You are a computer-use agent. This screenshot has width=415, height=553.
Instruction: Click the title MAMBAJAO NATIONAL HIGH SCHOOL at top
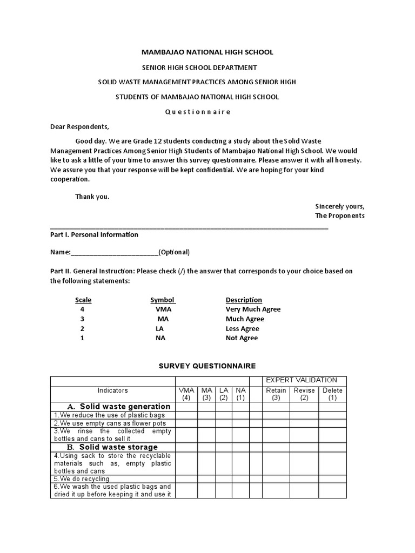point(207,52)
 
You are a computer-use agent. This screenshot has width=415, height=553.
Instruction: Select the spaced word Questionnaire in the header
point(197,112)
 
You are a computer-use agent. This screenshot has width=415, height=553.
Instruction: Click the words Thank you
point(92,197)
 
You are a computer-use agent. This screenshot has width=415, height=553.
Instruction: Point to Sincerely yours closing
point(339,206)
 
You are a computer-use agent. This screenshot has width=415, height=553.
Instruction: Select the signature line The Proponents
point(339,215)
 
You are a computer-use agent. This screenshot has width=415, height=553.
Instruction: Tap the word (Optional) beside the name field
point(174,252)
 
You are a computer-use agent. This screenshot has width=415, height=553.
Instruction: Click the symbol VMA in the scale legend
point(163,309)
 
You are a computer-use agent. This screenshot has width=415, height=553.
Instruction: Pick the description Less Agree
point(242,328)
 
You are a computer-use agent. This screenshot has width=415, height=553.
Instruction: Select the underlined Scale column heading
point(83,300)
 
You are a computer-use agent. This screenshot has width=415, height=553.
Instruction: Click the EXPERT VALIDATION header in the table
point(302,380)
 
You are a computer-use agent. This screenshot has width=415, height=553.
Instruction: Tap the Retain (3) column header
point(276,394)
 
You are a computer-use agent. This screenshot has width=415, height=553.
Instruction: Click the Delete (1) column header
point(332,394)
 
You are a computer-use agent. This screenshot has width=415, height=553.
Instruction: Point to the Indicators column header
point(112,390)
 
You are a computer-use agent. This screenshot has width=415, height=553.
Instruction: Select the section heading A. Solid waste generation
point(118,406)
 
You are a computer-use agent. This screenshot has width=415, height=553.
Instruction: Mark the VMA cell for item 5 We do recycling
point(186,478)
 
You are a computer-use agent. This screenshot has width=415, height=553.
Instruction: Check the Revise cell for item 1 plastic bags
point(304,415)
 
